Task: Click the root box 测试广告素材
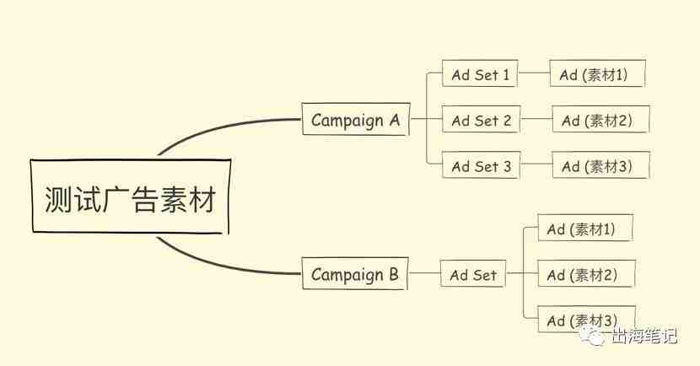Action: tap(131, 196)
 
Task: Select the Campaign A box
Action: tap(356, 119)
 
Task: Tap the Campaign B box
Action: tap(355, 273)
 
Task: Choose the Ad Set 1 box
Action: tap(480, 73)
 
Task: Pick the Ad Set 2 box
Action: tap(481, 119)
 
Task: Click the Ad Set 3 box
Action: tap(481, 165)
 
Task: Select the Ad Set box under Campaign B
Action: tap(473, 273)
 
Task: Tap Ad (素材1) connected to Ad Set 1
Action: tap(597, 73)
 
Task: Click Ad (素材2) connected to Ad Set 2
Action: tap(600, 119)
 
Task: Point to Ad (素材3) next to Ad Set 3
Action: tap(600, 165)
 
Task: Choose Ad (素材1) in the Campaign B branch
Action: tap(584, 228)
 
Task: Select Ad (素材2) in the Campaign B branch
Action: tap(586, 273)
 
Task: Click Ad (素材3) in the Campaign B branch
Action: tap(586, 320)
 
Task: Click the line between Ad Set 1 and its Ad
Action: tap(534, 73)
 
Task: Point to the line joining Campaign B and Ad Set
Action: tap(424, 272)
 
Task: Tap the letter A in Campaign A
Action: tap(394, 119)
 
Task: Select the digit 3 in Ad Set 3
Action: tap(507, 166)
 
